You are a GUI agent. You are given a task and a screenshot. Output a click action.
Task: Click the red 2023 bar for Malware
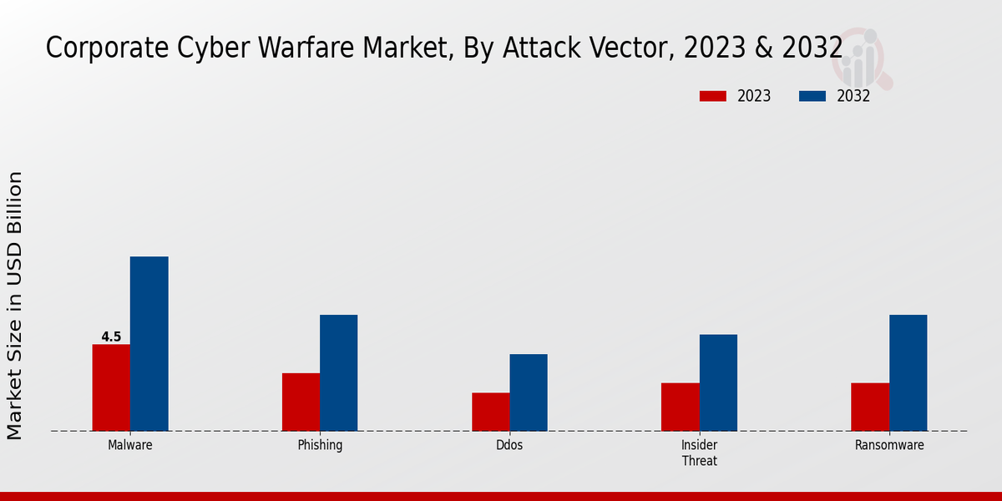[x=111, y=387]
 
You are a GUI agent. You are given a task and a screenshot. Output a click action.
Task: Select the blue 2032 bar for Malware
[x=149, y=343]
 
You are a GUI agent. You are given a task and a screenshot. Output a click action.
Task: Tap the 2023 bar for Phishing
[x=301, y=402]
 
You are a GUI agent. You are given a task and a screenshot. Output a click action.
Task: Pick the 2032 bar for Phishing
[x=338, y=372]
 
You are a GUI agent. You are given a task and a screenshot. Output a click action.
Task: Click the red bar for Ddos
[x=490, y=412]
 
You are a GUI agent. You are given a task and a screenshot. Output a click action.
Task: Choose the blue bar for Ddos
[x=529, y=392]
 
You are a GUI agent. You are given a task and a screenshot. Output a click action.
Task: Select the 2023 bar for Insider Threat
[x=681, y=407]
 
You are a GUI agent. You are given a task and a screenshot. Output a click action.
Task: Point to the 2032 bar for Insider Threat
[x=718, y=382]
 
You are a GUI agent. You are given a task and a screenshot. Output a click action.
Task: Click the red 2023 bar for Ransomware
[x=870, y=407]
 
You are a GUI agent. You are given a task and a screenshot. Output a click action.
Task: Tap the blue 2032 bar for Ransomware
[x=908, y=372]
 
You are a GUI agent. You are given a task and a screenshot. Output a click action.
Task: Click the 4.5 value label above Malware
[x=111, y=337]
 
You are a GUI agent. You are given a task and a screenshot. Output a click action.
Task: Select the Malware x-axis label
[x=129, y=445]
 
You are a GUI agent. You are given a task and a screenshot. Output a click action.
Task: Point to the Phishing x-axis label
[x=320, y=445]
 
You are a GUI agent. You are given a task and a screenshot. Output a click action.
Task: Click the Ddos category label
[x=509, y=445]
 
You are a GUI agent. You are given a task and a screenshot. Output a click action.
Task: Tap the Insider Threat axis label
[x=699, y=453]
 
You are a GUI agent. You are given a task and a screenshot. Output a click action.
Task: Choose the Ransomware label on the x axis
[x=889, y=445]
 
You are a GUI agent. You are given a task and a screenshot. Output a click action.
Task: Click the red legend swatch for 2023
[x=713, y=96]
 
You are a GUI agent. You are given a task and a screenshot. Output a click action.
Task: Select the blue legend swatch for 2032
[x=812, y=96]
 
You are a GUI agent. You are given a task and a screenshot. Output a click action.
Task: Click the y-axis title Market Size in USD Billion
[x=15, y=305]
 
